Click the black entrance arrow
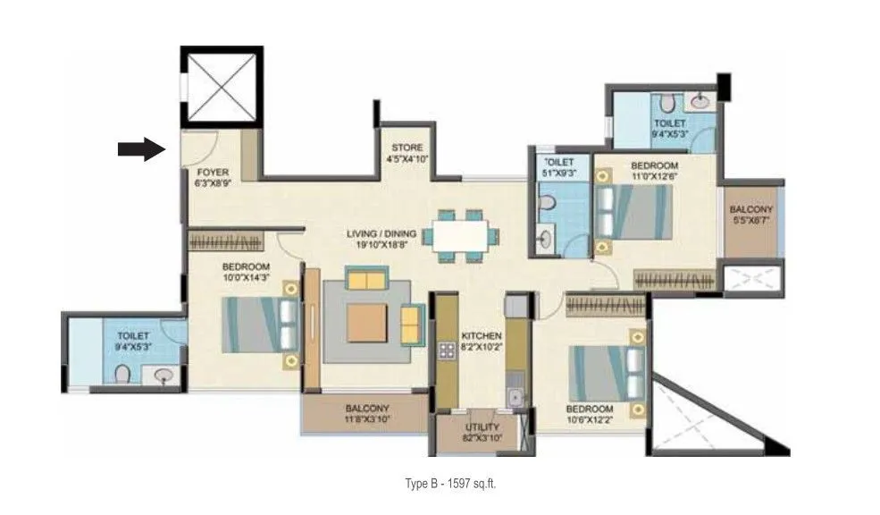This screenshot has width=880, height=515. [142, 149]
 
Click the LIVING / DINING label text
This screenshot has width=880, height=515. [381, 234]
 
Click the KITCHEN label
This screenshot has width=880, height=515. [481, 336]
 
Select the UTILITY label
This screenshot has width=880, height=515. [481, 428]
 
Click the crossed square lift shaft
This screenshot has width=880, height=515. [221, 87]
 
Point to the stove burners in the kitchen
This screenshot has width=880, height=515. [444, 350]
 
